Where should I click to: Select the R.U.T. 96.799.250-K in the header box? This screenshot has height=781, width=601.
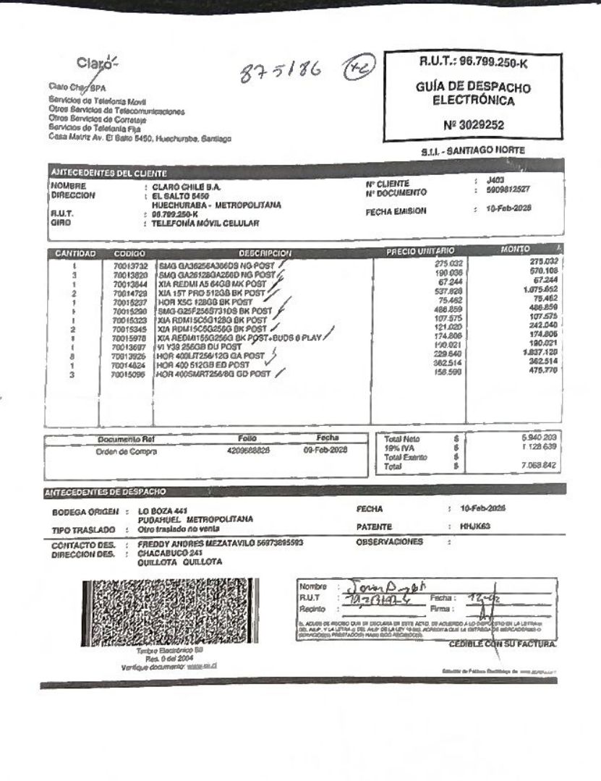coord(474,64)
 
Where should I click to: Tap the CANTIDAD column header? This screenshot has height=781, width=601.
coord(74,253)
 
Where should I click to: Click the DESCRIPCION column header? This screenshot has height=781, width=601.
coord(264,253)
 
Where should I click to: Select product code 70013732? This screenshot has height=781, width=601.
coord(130,265)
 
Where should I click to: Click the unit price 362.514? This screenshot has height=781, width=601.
coord(448,364)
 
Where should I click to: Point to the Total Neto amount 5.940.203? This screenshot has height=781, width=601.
coord(539,438)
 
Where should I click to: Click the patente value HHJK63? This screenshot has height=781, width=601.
coord(475,526)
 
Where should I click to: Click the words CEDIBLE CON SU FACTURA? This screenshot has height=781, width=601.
coord(503,644)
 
